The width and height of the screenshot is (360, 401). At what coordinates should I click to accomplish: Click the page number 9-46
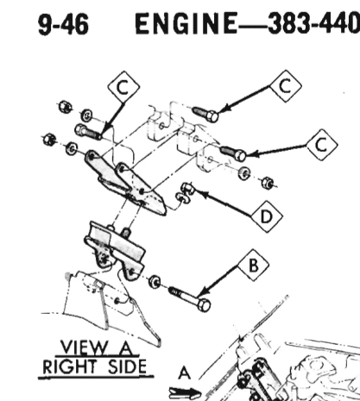(63, 25)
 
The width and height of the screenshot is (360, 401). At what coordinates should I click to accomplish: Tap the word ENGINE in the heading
(186, 23)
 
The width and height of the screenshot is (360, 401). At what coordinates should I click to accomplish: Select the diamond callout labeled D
(267, 216)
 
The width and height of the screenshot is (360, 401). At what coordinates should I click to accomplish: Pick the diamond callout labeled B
(253, 266)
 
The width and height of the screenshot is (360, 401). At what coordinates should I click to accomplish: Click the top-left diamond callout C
(123, 87)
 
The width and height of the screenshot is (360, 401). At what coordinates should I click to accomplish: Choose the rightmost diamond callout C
(322, 145)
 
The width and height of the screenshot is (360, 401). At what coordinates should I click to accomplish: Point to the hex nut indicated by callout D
(187, 188)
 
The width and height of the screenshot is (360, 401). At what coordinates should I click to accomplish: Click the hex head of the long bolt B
(204, 305)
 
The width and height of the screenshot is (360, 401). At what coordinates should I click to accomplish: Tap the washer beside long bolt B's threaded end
(155, 281)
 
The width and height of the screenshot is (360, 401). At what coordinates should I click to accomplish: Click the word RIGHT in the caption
(69, 367)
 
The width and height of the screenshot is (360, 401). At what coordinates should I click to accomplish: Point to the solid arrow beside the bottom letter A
(185, 393)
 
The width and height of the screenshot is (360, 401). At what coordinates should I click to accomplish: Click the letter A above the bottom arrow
(184, 373)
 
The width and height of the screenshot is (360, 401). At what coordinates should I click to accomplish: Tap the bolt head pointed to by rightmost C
(240, 155)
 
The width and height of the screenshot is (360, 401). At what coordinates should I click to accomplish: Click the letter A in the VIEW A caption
(125, 348)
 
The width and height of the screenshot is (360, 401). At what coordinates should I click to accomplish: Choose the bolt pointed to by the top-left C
(88, 132)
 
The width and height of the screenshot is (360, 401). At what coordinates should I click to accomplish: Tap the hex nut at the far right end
(268, 183)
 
